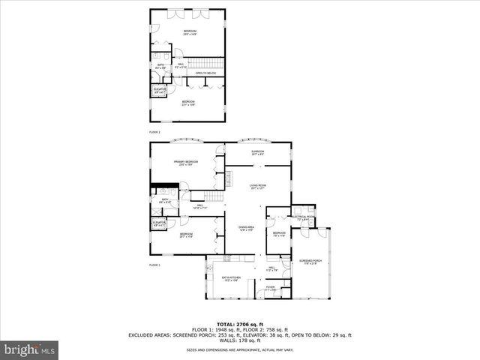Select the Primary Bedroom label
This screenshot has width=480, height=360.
[186, 163]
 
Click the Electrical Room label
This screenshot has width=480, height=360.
[304, 218]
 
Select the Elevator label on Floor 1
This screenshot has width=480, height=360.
[160, 223]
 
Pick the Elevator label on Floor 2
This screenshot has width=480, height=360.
[160, 91]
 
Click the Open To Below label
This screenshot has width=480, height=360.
[205, 73]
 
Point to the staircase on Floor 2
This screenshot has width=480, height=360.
[205, 62]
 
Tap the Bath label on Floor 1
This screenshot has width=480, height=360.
[164, 201]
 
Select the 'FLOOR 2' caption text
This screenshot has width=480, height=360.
[154, 131]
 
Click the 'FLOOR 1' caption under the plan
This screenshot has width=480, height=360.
[154, 265]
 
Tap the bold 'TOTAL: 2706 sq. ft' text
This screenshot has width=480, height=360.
[239, 324]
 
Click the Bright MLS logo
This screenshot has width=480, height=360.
[30, 349]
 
